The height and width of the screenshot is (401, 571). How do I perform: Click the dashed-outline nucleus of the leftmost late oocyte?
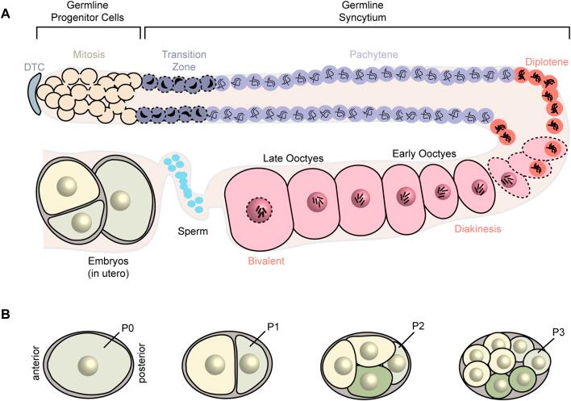(259, 211)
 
